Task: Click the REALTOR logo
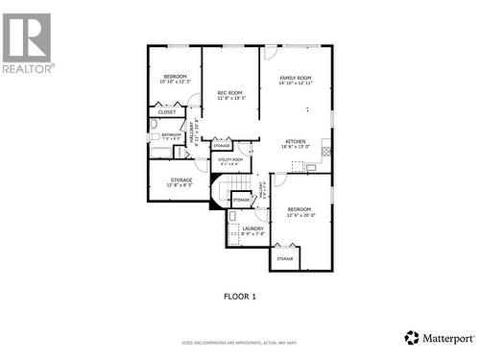28,43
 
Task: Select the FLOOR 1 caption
240,296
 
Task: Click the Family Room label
295,78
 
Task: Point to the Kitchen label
295,142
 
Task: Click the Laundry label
252,228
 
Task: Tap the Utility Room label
230,159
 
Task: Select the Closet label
167,112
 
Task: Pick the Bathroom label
171,134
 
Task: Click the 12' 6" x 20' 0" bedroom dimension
299,215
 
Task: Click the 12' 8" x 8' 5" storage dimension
180,185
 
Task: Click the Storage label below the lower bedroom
285,258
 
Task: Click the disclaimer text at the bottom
240,342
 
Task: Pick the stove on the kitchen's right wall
326,149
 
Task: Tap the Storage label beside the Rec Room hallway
222,146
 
